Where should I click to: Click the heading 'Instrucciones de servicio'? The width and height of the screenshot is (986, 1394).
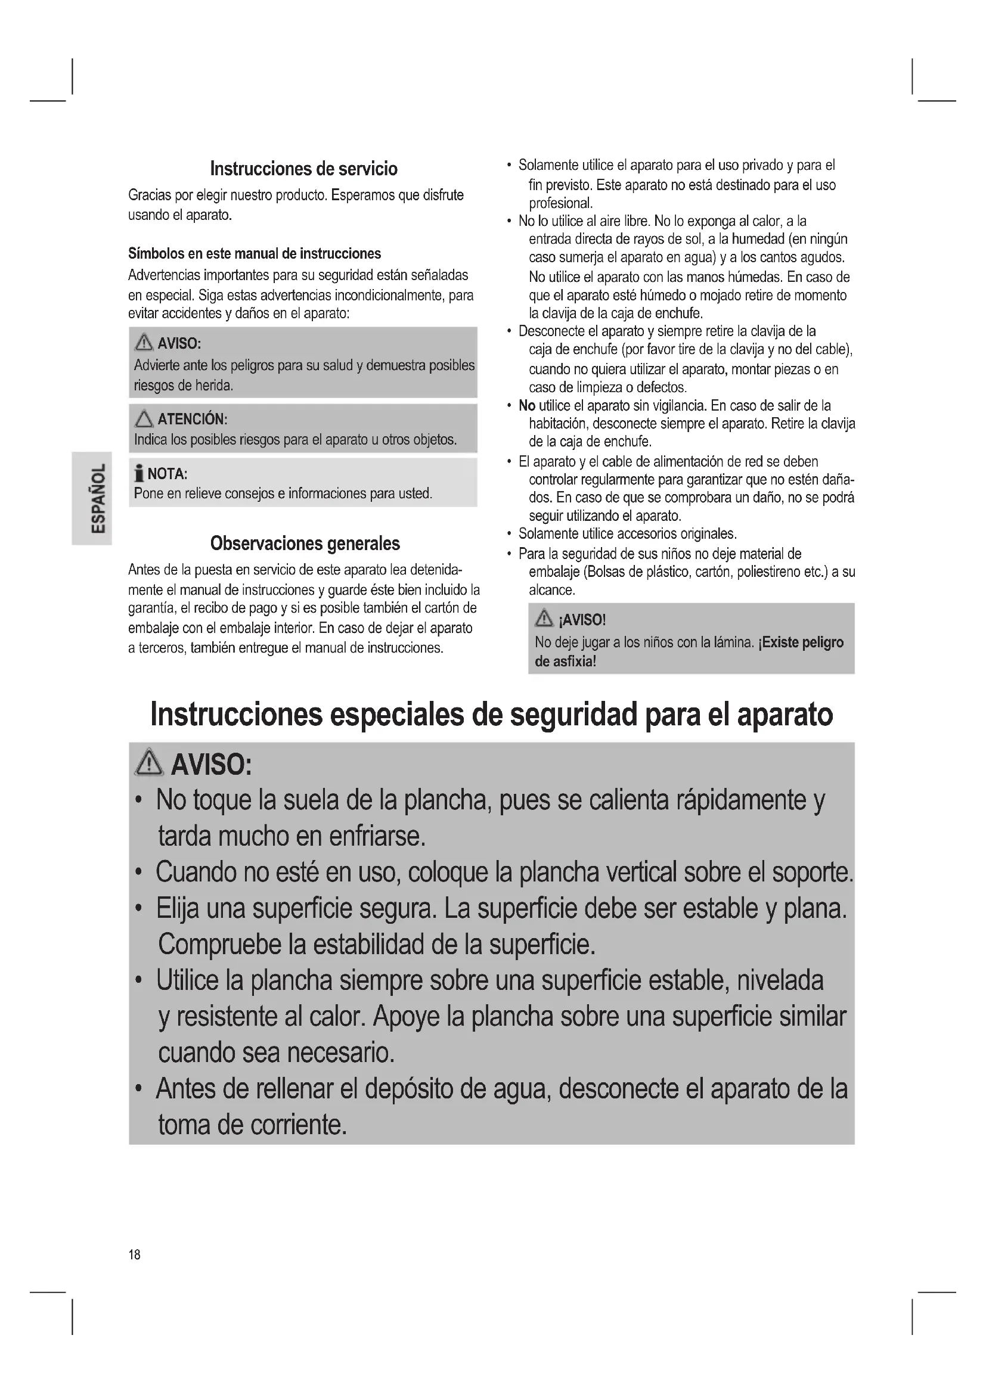(303, 169)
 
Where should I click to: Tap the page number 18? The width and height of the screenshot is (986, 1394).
(134, 1255)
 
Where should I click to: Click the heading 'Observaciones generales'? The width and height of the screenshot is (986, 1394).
(305, 544)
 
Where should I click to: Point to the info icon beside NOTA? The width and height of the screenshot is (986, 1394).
(139, 474)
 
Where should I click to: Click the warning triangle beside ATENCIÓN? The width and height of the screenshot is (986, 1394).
(144, 419)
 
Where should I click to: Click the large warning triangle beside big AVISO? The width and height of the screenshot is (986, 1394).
(149, 763)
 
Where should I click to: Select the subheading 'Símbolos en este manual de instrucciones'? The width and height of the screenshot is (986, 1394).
(255, 254)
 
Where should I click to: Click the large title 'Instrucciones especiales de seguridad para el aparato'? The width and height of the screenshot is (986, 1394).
(491, 715)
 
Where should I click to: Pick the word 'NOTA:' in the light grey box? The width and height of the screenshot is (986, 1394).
(168, 474)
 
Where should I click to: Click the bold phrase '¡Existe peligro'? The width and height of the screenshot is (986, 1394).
(801, 642)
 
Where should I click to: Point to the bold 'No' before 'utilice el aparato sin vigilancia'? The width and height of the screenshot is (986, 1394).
(526, 406)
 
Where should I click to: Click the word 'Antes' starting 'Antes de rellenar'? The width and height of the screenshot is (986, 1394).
(185, 1089)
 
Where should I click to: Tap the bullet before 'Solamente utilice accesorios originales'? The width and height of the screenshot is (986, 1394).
(508, 534)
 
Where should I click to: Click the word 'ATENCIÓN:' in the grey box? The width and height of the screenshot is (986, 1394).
(193, 419)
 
